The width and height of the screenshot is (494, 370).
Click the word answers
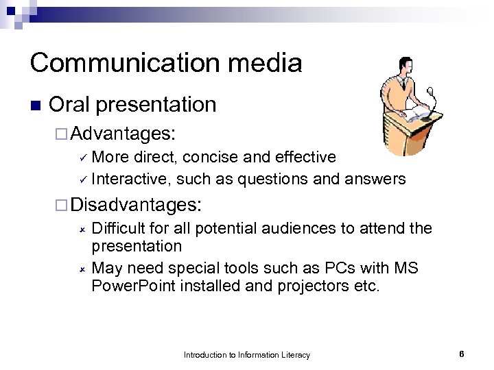(375, 180)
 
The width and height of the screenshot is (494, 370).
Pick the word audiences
(296, 228)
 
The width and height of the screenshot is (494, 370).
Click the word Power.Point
(133, 286)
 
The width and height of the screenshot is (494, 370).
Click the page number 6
(462, 354)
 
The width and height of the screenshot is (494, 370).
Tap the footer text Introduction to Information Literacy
(247, 355)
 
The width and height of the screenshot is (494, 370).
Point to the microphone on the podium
(430, 92)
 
